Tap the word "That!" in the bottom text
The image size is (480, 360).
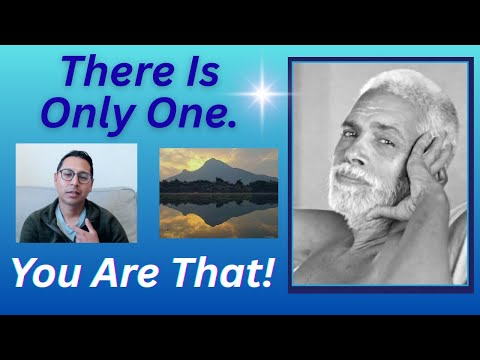[221, 273]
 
